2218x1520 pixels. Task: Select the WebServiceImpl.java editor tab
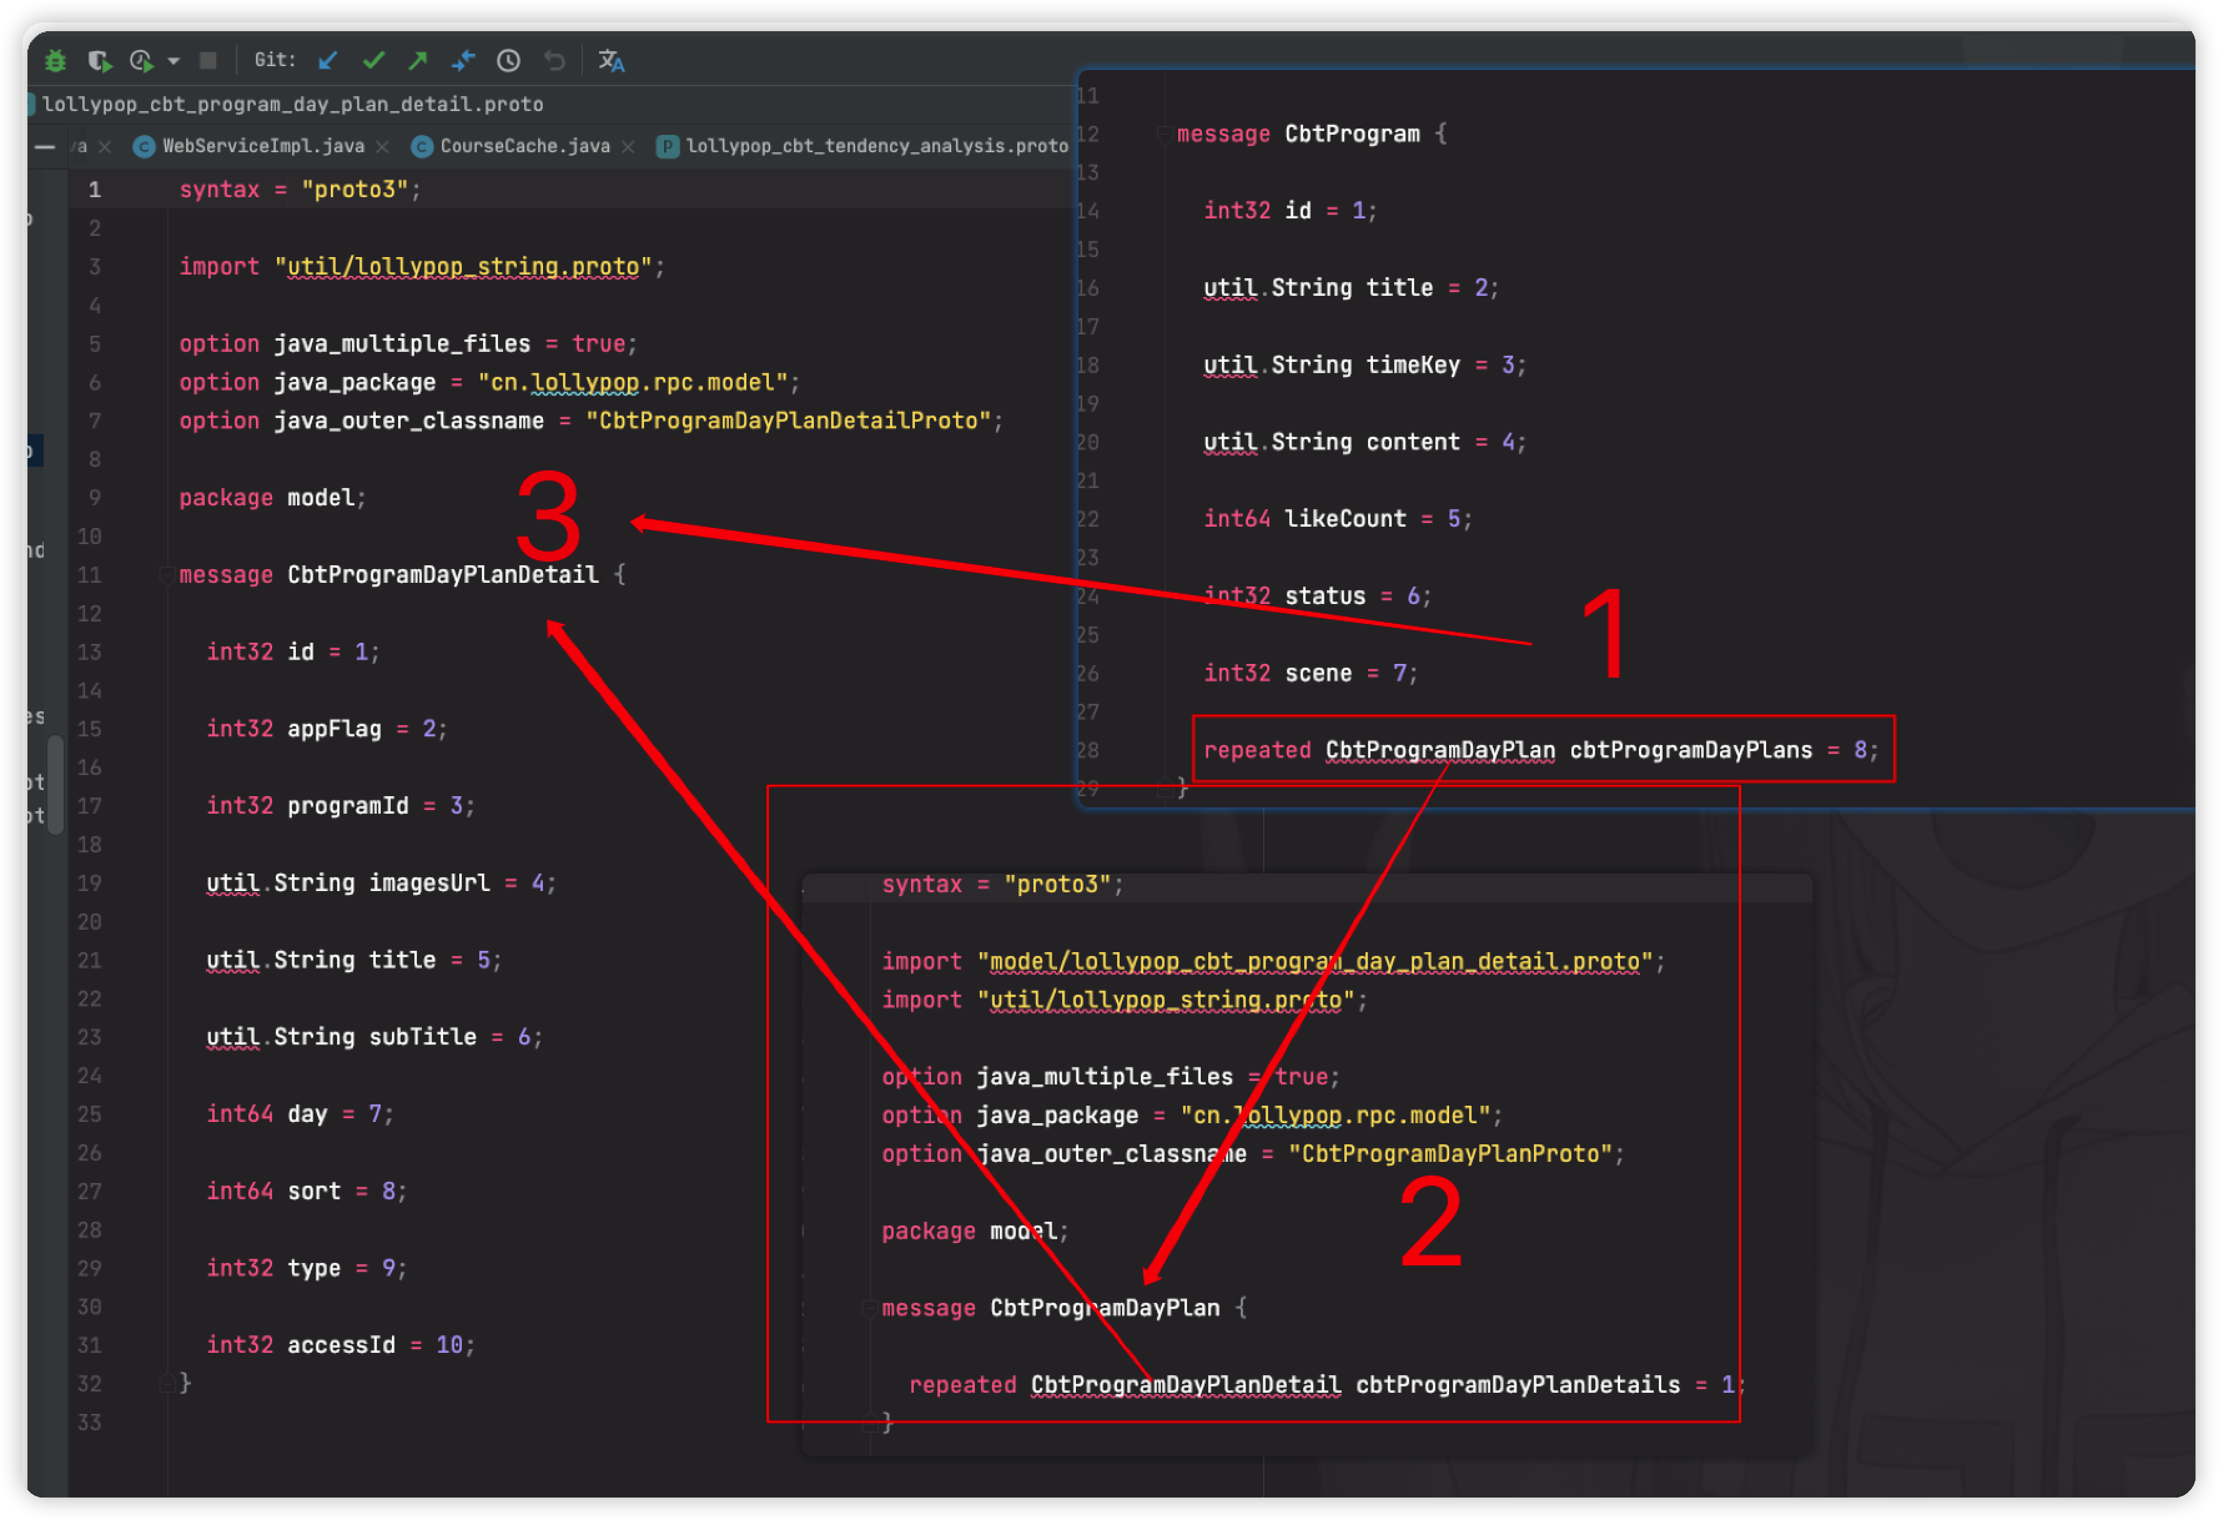(263, 146)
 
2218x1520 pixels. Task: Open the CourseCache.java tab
(524, 146)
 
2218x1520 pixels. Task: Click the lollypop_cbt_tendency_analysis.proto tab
(876, 146)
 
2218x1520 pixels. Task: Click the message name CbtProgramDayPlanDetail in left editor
(443, 575)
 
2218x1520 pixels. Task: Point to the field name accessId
(341, 1345)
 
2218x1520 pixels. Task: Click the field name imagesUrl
(429, 883)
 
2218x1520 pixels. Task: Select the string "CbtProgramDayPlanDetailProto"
(788, 421)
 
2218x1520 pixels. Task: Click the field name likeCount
(1345, 519)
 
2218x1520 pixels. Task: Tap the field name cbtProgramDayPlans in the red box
(1690, 750)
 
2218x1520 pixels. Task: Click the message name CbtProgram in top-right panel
(1351, 134)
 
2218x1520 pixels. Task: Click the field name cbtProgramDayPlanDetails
(1518, 1385)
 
